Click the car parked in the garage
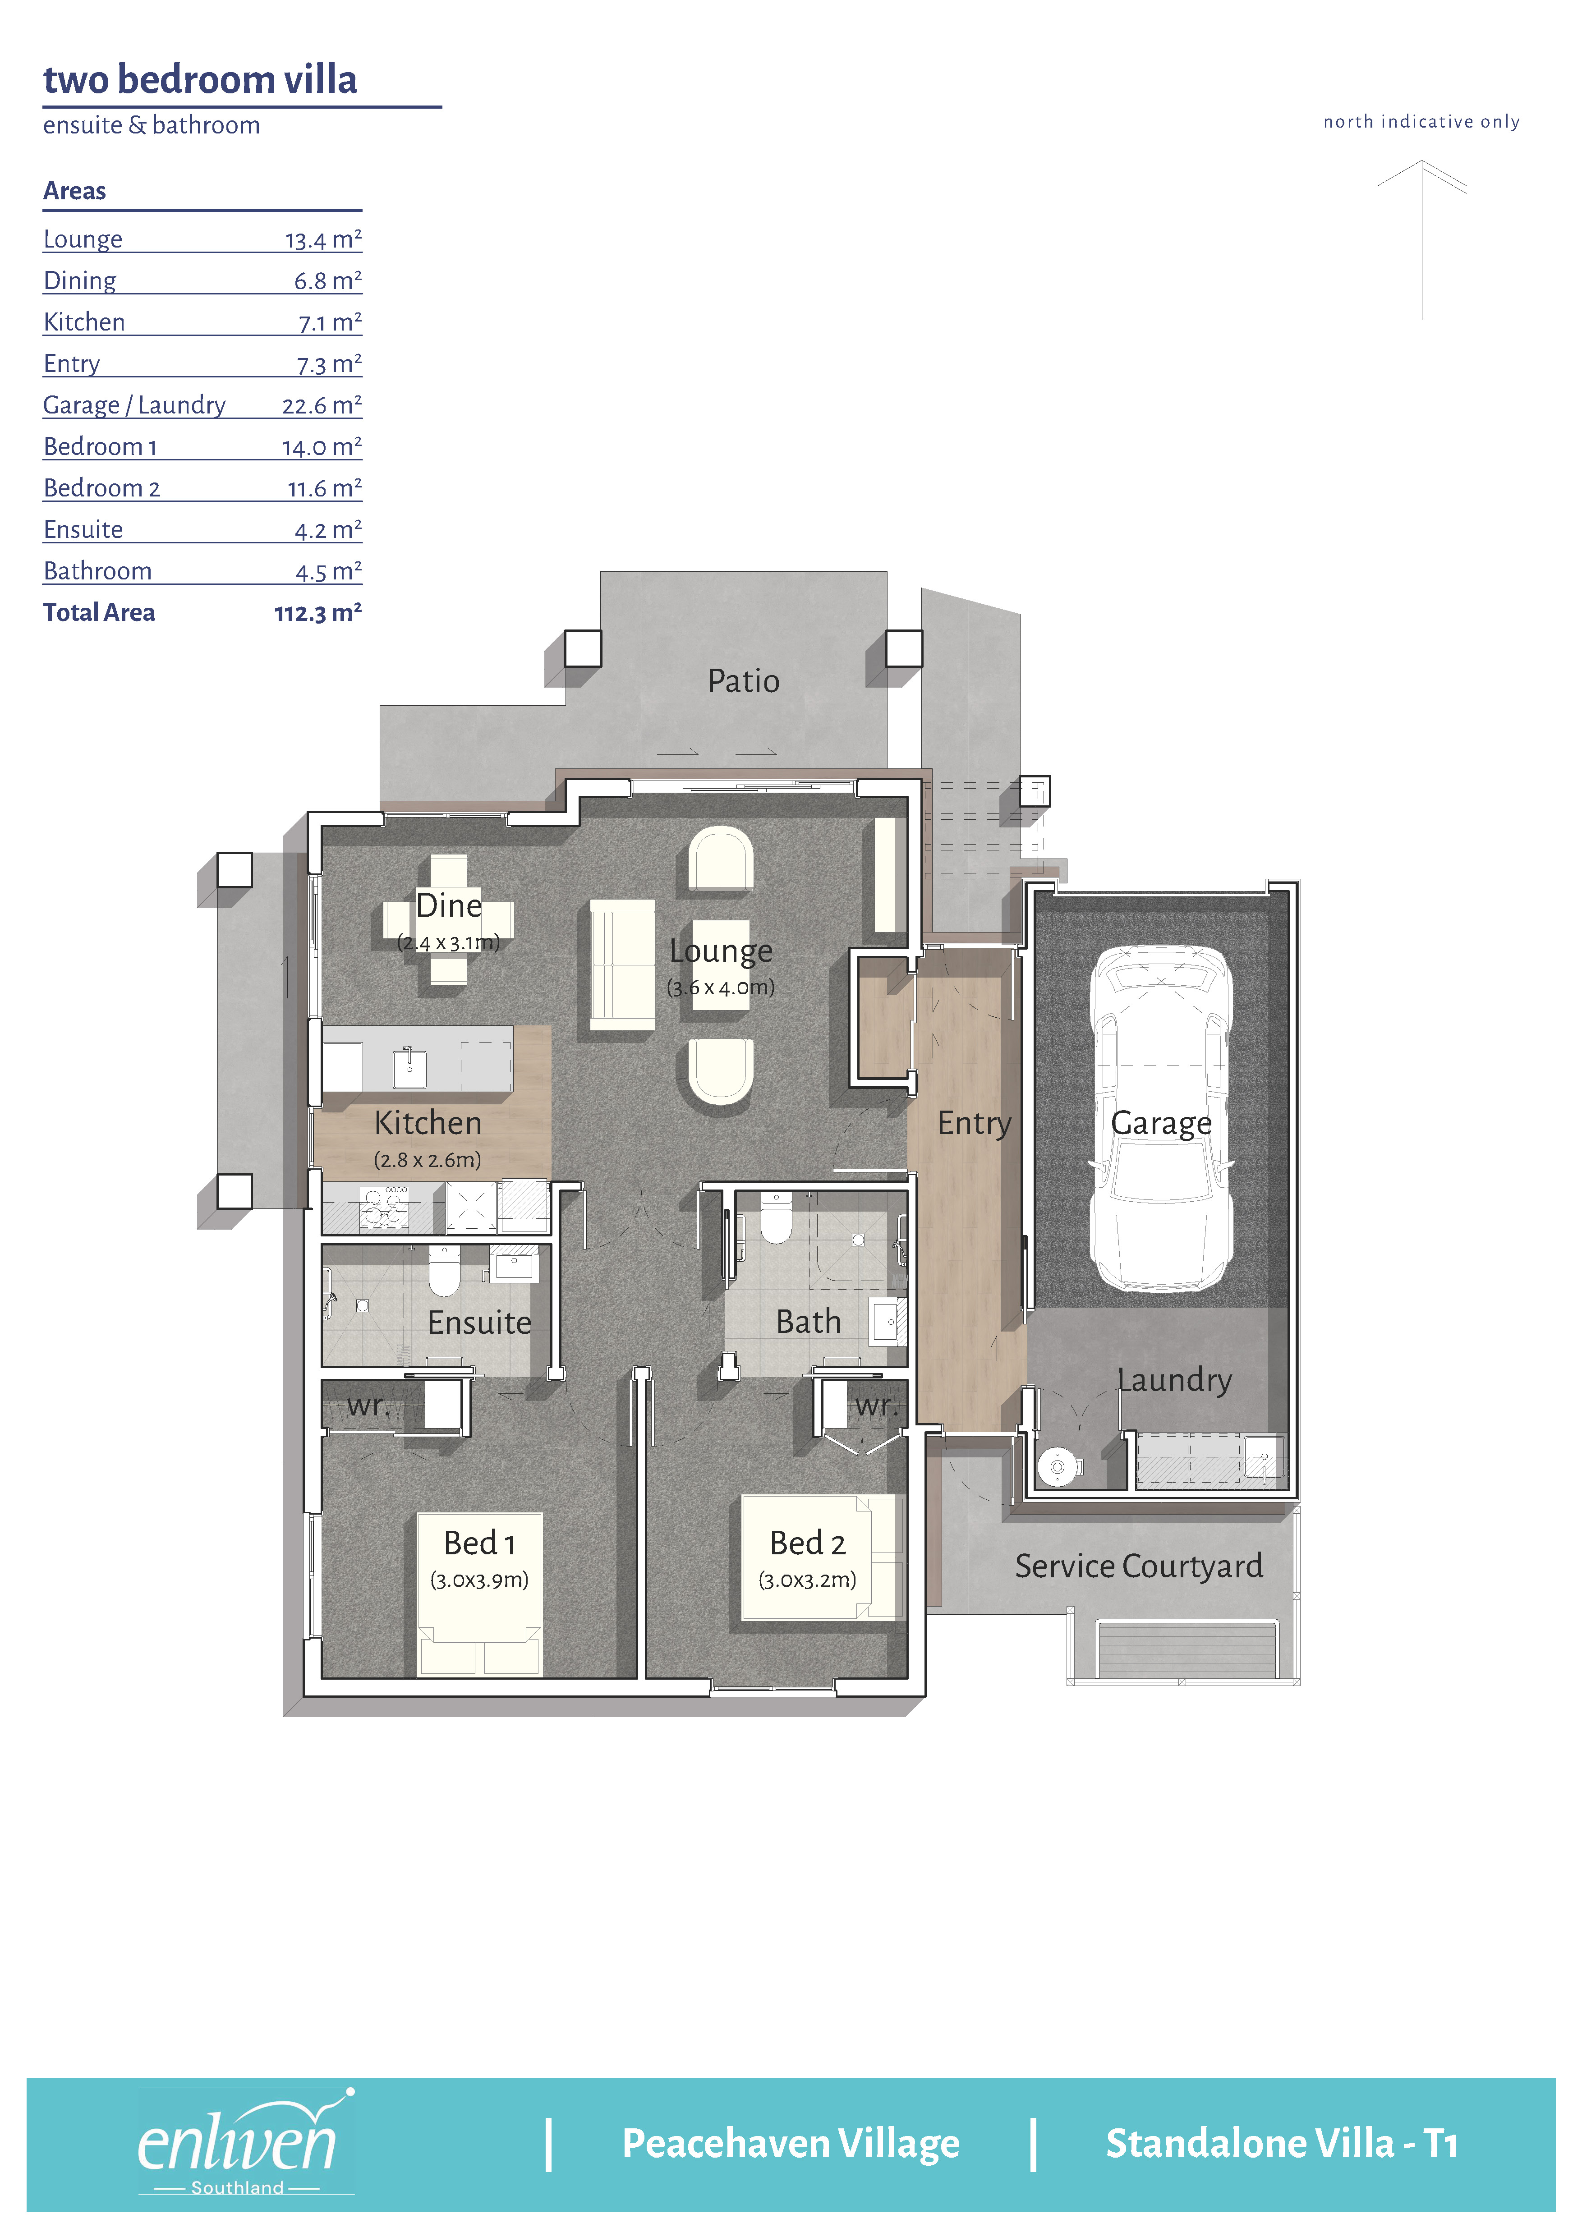(1161, 1118)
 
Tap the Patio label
(743, 681)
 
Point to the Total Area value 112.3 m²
(317, 613)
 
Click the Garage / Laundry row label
(134, 405)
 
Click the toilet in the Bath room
(777, 1218)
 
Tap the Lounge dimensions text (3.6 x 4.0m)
(721, 988)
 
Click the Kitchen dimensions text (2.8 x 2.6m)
(428, 1160)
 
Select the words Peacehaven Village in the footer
(791, 2144)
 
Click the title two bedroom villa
(201, 80)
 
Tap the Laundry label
(1175, 1381)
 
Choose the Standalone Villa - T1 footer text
(1282, 2144)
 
